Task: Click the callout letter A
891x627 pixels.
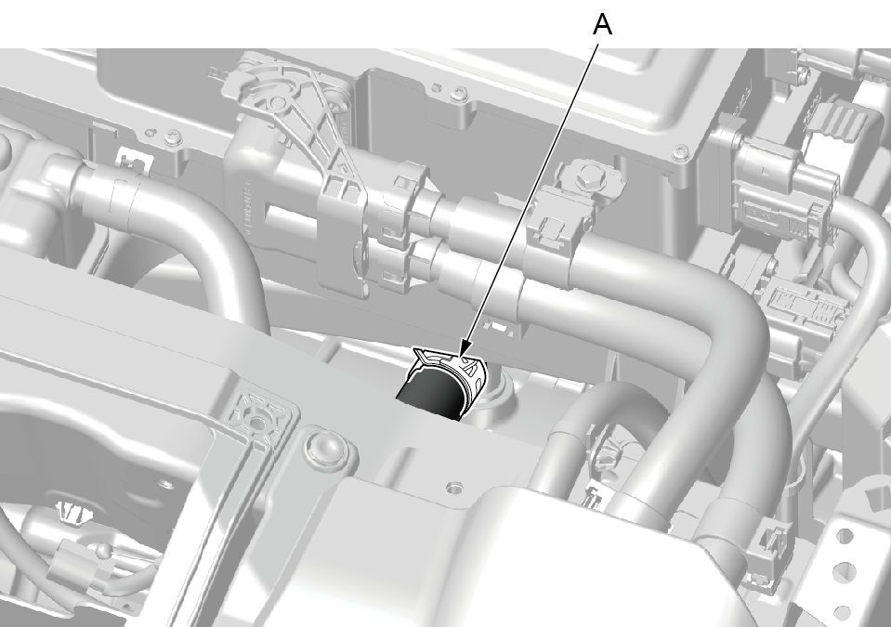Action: (x=602, y=24)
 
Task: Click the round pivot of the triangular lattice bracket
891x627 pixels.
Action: (x=278, y=103)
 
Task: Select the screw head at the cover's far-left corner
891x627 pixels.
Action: (x=171, y=137)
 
